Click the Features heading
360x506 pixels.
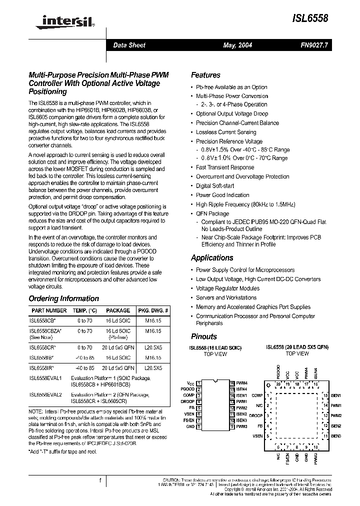coord(205,75)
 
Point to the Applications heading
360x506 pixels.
coord(212,257)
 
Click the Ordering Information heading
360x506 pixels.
coord(63,298)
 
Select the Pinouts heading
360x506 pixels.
coord(204,336)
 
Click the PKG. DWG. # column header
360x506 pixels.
coord(153,310)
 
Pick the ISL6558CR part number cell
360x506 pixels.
coord(42,346)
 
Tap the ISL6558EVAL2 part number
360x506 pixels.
coord(45,394)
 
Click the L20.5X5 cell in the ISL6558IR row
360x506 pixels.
coord(153,367)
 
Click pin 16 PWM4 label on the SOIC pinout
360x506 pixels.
coord(241,382)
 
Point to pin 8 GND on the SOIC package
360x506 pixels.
coord(191,426)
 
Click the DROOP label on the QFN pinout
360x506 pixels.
coord(255,415)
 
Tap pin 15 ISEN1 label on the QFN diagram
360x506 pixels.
coord(335,395)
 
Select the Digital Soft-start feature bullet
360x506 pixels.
coord(214,185)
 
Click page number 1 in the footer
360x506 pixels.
coord(100,480)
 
